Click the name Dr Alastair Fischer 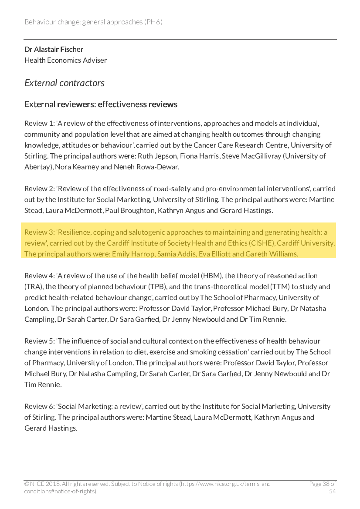(x=54, y=49)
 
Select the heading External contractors (x=65, y=83)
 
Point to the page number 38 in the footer (x=327, y=484)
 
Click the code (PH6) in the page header (x=153, y=22)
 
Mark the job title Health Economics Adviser (x=65, y=60)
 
